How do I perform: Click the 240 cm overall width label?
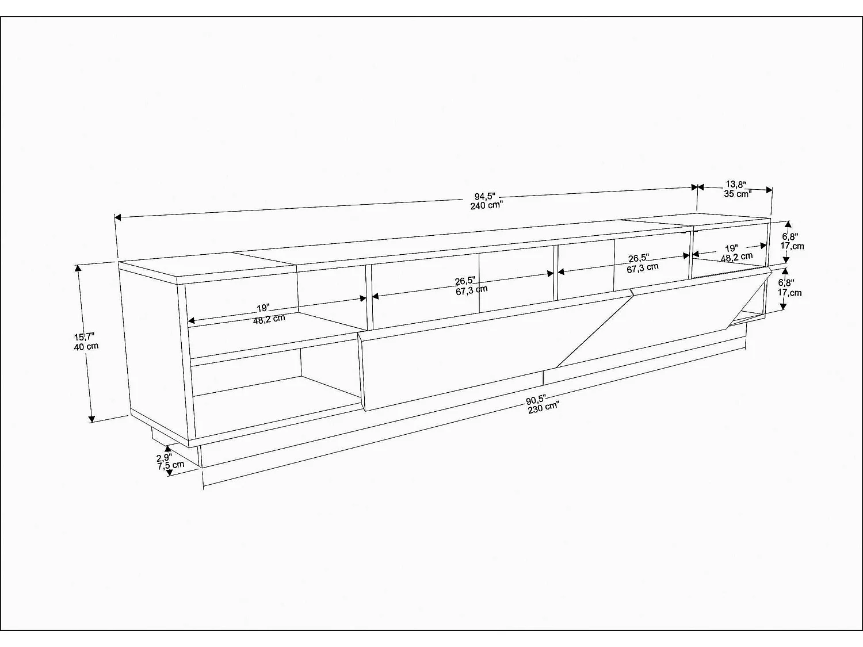486,205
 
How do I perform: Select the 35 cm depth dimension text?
738,194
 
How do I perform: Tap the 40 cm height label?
86,346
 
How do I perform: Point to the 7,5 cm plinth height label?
171,465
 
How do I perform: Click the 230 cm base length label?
543,408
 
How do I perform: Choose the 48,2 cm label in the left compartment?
269,319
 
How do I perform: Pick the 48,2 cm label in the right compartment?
736,257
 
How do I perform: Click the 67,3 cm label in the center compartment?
471,290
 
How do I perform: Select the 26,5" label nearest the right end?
639,258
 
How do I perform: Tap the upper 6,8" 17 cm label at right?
792,242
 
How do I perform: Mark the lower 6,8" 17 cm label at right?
790,288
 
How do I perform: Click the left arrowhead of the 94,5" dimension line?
117,217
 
